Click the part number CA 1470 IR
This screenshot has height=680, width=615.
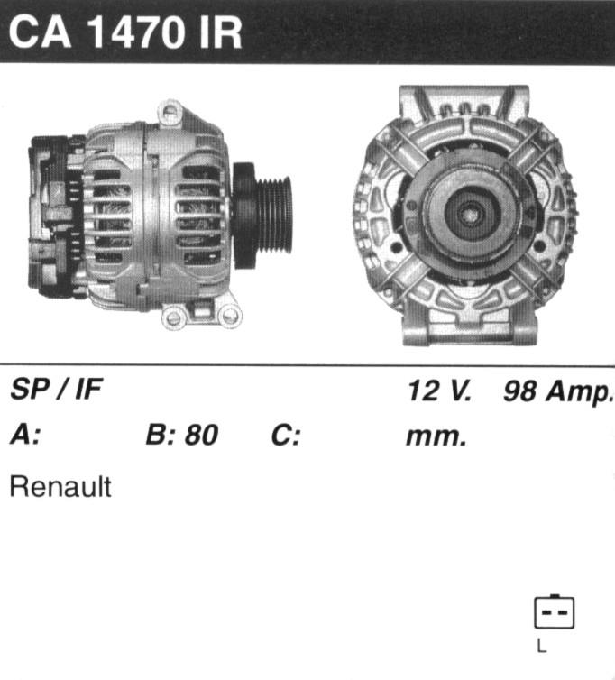[x=125, y=33]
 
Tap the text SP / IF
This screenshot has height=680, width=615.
[x=57, y=389]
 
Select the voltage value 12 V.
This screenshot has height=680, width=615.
[x=438, y=391]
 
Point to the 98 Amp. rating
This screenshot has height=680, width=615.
[x=558, y=391]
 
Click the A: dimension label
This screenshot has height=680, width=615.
[x=25, y=435]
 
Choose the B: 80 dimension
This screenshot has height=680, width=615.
[x=182, y=435]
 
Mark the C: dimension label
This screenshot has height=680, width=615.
[x=285, y=435]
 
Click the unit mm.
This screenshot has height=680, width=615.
[x=436, y=437]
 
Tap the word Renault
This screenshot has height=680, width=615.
[x=60, y=487]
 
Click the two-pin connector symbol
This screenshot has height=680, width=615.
[x=554, y=612]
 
